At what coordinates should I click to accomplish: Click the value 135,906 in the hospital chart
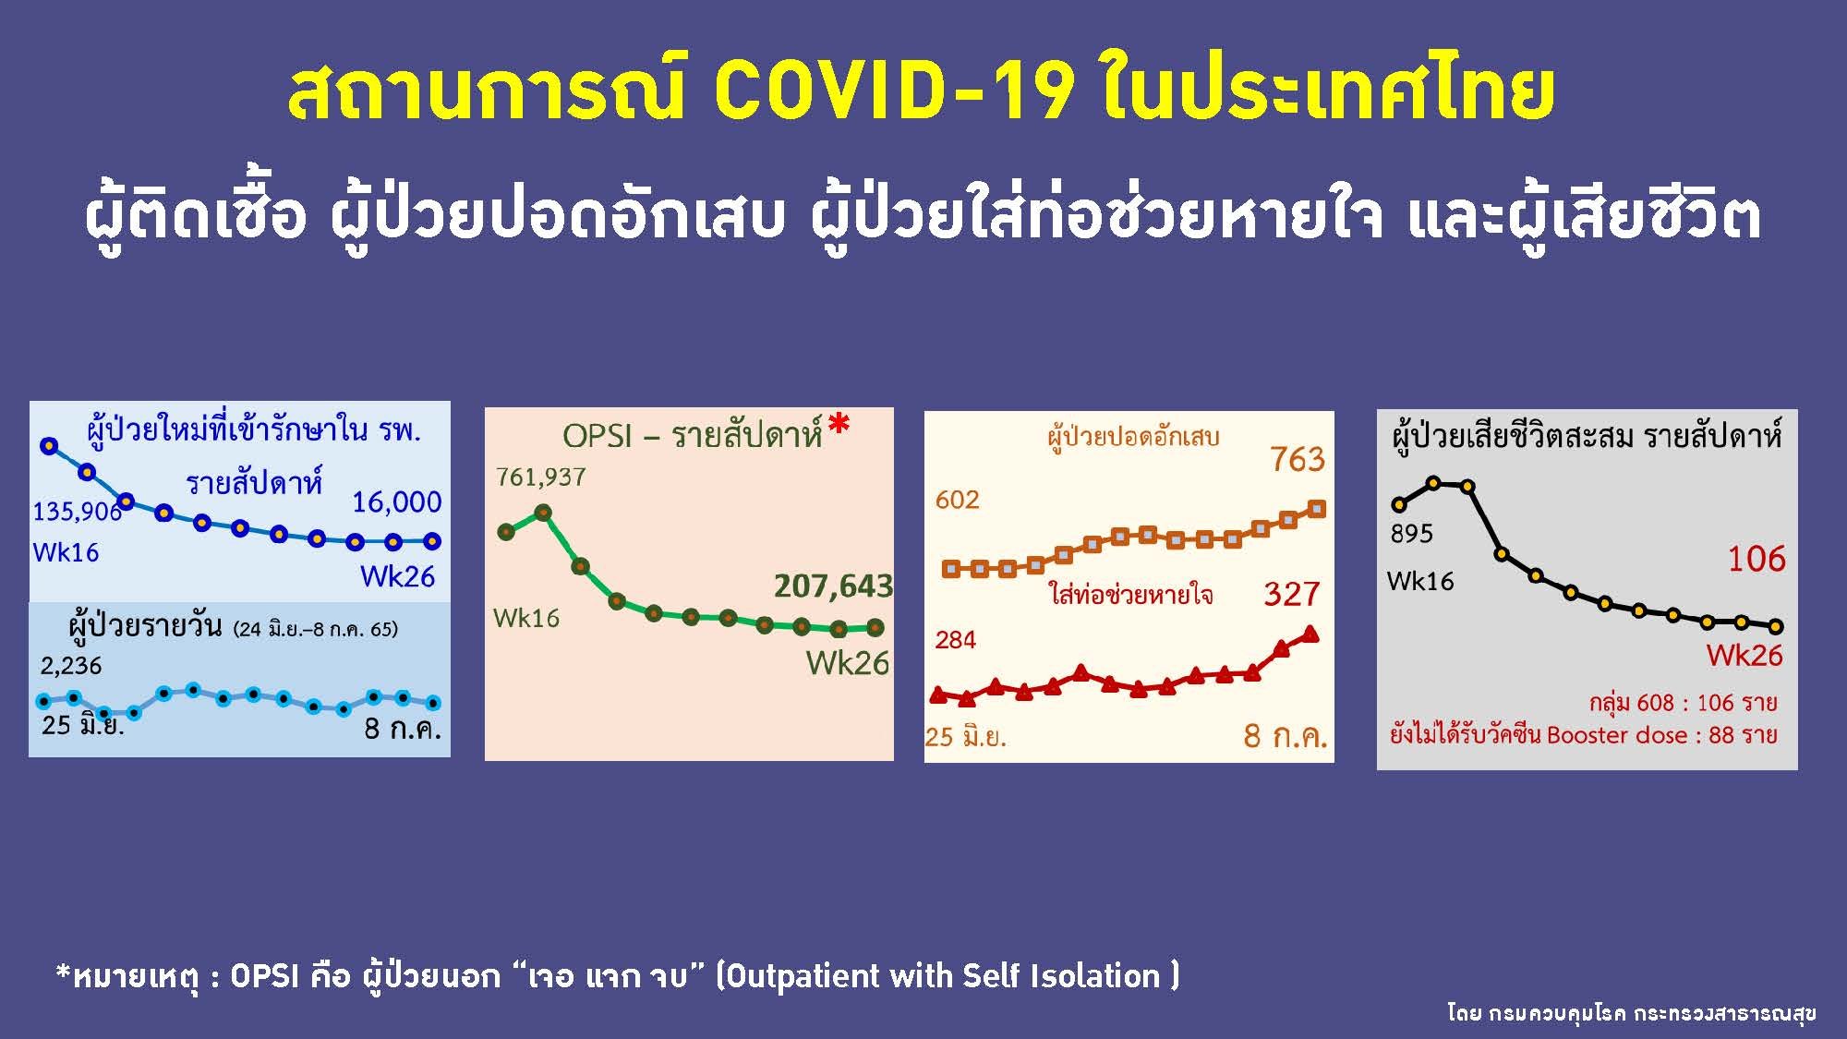(x=77, y=512)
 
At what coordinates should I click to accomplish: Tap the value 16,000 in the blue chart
(x=397, y=502)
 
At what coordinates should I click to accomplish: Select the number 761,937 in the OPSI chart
(x=541, y=477)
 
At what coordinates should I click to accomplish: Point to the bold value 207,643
(x=833, y=586)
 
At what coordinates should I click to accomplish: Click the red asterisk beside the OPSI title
(x=838, y=426)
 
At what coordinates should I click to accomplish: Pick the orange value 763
(x=1297, y=460)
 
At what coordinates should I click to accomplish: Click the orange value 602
(x=957, y=500)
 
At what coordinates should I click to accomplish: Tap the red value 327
(x=1292, y=594)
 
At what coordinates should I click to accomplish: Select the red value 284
(x=955, y=640)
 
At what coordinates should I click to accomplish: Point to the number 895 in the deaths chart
(x=1412, y=534)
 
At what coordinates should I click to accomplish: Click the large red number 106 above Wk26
(x=1756, y=559)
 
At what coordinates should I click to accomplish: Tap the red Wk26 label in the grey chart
(x=1744, y=656)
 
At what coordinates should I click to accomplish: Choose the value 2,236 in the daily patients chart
(x=71, y=666)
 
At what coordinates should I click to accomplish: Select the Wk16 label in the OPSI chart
(x=526, y=618)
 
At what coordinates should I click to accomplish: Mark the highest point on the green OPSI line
(x=543, y=512)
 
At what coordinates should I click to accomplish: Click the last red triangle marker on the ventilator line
(x=1310, y=634)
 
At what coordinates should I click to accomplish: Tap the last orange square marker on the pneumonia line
(x=1318, y=509)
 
